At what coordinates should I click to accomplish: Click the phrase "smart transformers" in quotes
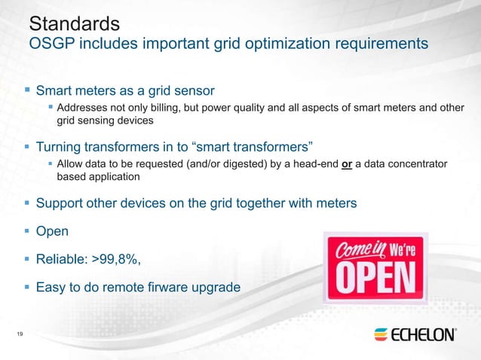[x=244, y=145]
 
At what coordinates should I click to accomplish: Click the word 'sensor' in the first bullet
[x=194, y=91]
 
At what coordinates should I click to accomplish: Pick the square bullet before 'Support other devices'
[x=27, y=203]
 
